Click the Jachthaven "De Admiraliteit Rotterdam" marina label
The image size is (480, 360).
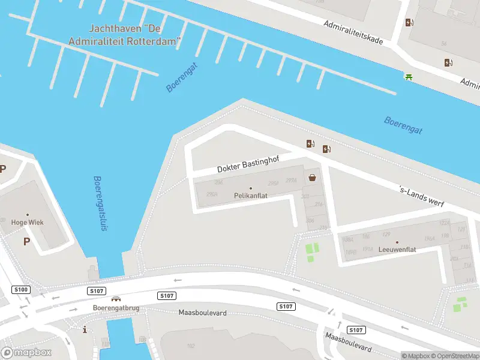pyautogui.click(x=135, y=34)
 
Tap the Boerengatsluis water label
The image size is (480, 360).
pyautogui.click(x=99, y=204)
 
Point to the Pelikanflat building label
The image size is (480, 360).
pyautogui.click(x=251, y=196)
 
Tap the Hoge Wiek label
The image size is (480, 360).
pyautogui.click(x=28, y=222)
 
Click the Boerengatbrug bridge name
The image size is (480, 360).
pyautogui.click(x=116, y=308)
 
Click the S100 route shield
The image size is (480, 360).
pyautogui.click(x=20, y=290)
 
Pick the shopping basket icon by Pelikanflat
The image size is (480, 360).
pyautogui.click(x=313, y=177)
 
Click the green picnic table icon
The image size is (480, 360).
pyautogui.click(x=409, y=76)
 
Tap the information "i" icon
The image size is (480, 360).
pyautogui.click(x=85, y=329)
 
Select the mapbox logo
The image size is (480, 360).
pyautogui.click(x=26, y=352)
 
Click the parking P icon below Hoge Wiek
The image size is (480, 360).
pyautogui.click(x=26, y=241)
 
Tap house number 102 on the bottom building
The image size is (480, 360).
pyautogui.click(x=191, y=346)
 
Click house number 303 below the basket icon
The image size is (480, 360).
pyautogui.click(x=305, y=196)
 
